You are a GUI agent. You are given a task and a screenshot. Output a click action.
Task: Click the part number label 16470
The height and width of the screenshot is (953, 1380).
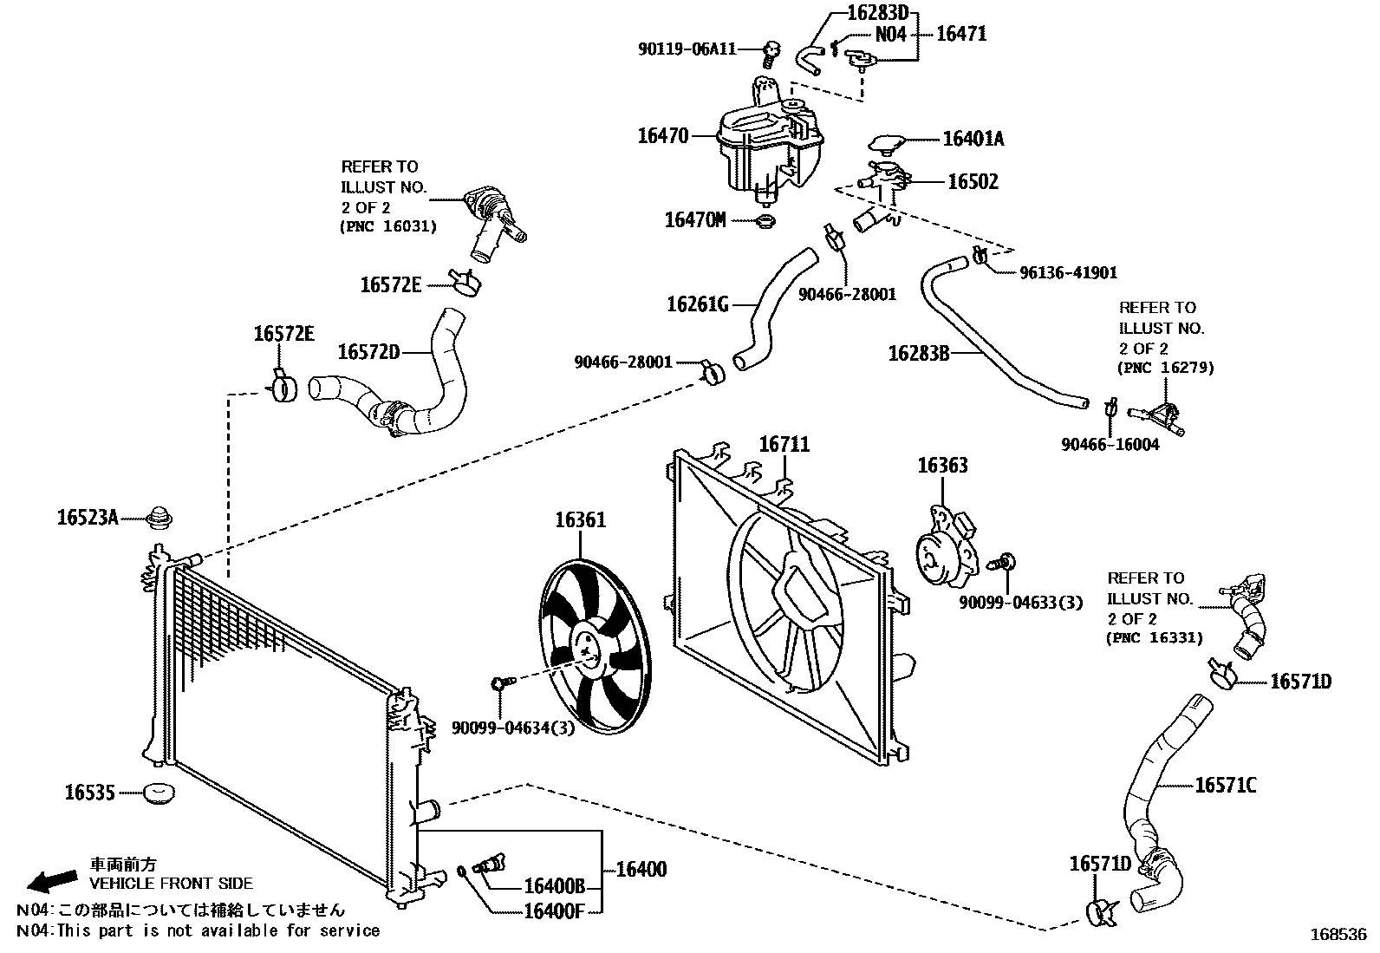[x=662, y=136]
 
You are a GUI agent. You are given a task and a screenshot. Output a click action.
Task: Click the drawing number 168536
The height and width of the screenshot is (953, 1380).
[x=1337, y=935]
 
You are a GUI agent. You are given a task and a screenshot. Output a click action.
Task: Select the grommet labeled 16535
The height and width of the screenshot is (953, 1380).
[x=159, y=793]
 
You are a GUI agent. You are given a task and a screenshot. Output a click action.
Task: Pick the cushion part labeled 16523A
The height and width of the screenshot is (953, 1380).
[x=159, y=519]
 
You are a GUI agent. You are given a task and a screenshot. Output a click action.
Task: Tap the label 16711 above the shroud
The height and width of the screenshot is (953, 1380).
[x=784, y=445]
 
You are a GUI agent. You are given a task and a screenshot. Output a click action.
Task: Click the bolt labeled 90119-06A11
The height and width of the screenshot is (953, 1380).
[x=769, y=55]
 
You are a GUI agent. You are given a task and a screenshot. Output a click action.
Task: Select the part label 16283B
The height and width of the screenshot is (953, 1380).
[x=919, y=353]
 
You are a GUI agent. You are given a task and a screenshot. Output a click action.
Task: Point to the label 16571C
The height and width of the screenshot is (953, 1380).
[x=1225, y=786]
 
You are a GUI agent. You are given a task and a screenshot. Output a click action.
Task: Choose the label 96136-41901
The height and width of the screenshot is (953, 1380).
[x=1068, y=272]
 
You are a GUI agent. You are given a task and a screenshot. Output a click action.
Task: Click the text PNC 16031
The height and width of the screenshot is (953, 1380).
[x=387, y=226]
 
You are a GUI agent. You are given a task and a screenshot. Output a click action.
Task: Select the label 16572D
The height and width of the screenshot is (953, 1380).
[x=368, y=351]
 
